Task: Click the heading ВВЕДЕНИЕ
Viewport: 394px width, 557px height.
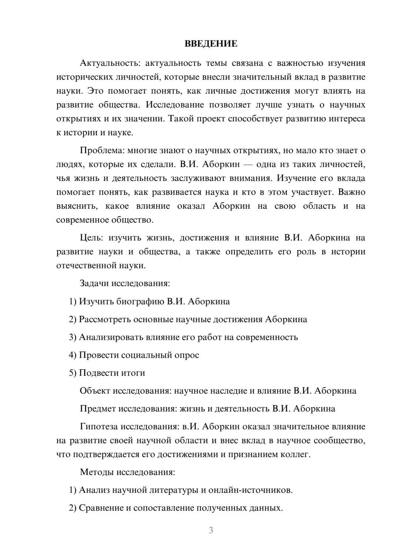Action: (x=211, y=44)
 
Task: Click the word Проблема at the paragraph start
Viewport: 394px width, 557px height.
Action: (x=98, y=150)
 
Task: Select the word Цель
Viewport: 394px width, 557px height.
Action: (x=91, y=238)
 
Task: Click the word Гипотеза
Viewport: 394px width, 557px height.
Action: (x=98, y=427)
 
